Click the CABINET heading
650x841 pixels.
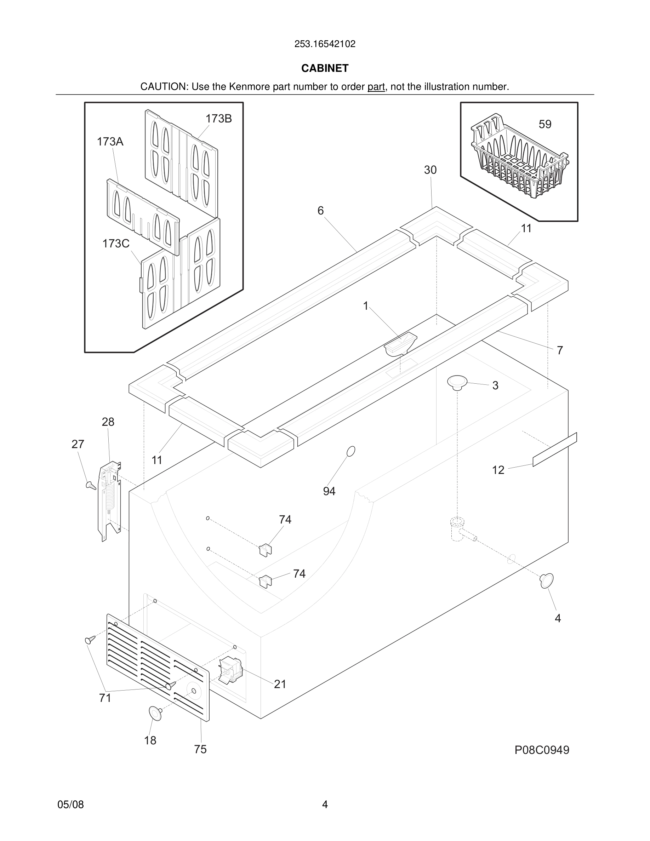(x=325, y=68)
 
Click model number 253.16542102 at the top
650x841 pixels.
(x=325, y=44)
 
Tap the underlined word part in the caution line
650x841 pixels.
(x=376, y=87)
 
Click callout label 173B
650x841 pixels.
(x=218, y=119)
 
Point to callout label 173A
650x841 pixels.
(x=110, y=142)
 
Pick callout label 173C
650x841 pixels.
(x=115, y=244)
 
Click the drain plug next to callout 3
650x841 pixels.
(x=457, y=382)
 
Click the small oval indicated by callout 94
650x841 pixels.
(x=351, y=451)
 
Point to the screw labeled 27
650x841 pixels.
(x=91, y=485)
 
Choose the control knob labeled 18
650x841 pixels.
(x=155, y=713)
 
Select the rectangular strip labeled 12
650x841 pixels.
(x=554, y=450)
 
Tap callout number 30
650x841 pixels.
(x=430, y=170)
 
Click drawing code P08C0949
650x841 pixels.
(x=541, y=750)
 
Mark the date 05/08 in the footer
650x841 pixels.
(x=70, y=805)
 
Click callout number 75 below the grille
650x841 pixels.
(x=200, y=749)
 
